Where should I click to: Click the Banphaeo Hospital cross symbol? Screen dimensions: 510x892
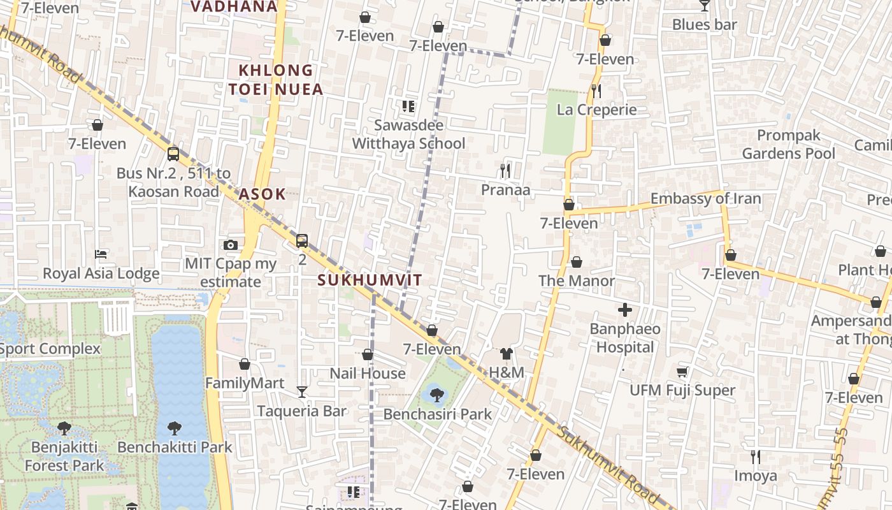click(x=625, y=310)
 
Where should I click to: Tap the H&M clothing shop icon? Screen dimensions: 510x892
click(x=507, y=354)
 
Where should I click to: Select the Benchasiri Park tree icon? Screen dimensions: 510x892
click(x=437, y=395)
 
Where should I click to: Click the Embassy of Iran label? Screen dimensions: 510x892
click(x=705, y=199)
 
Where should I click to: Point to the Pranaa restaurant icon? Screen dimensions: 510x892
click(x=505, y=171)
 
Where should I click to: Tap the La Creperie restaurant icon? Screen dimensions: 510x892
click(x=596, y=91)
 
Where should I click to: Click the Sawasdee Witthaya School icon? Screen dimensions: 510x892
click(x=408, y=106)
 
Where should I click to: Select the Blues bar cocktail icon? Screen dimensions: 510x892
click(x=704, y=6)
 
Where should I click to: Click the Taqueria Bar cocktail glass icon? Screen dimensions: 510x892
click(x=302, y=391)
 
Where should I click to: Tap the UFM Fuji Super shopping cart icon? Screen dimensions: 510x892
click(x=682, y=372)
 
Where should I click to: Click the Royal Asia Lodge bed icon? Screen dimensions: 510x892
click(x=101, y=254)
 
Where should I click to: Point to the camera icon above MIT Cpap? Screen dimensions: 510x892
click(x=231, y=245)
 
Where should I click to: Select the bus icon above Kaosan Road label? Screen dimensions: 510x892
click(x=173, y=154)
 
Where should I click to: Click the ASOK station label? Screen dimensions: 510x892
click(x=263, y=194)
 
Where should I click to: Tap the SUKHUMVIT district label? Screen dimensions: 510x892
click(x=370, y=280)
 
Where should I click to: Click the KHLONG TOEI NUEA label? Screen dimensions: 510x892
click(x=276, y=80)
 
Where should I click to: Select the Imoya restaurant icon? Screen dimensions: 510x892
click(x=756, y=457)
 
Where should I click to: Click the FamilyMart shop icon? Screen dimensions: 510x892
click(x=245, y=364)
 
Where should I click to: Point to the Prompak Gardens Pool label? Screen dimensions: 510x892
click(x=788, y=145)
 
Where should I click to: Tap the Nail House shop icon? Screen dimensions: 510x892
click(x=368, y=354)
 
